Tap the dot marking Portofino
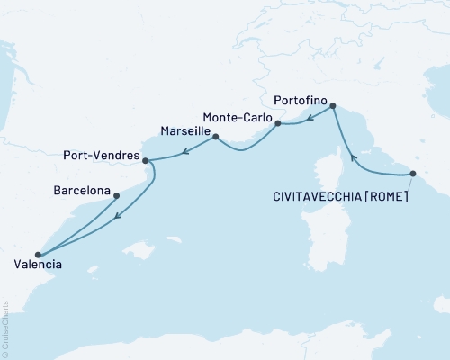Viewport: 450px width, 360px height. [x=333, y=106]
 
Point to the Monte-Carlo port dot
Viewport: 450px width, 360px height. [x=278, y=122]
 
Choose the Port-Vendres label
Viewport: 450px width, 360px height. [x=102, y=155]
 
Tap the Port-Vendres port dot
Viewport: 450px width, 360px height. [x=145, y=160]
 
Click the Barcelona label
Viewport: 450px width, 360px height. [x=82, y=191]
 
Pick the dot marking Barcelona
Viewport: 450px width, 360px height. [x=116, y=194]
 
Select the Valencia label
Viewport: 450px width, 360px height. [x=39, y=265]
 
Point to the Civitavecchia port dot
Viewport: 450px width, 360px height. [x=413, y=173]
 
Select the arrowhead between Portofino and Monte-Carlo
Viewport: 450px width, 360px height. [x=309, y=117]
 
